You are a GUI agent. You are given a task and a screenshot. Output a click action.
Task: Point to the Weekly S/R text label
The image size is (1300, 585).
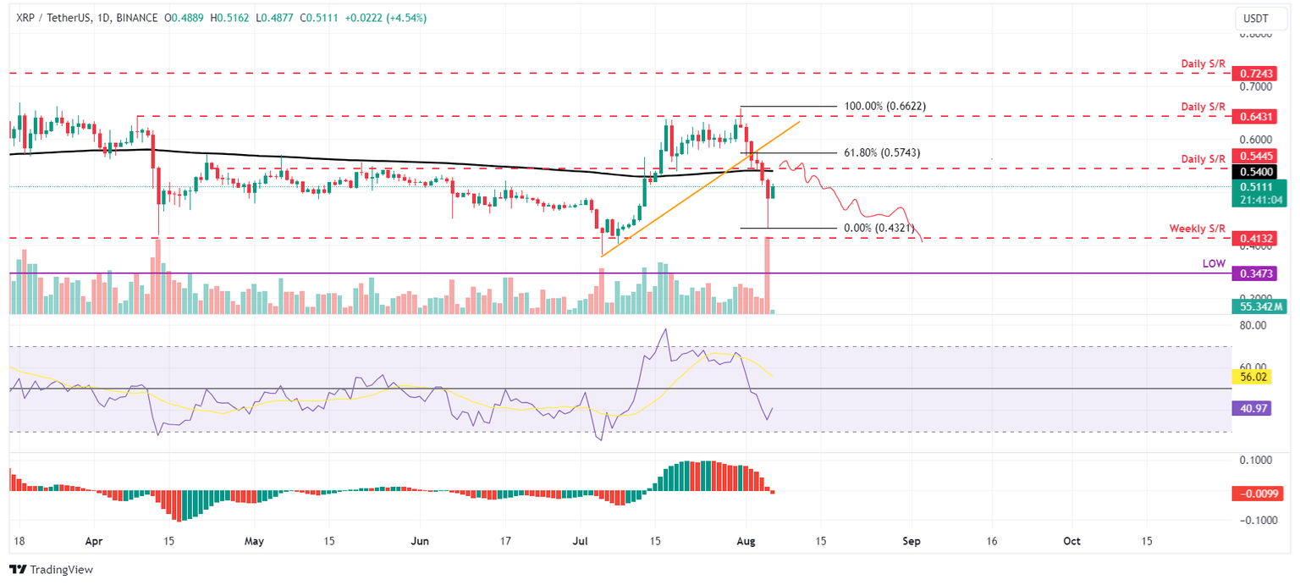click(1197, 229)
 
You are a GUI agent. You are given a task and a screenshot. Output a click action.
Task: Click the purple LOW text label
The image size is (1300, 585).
click(1214, 264)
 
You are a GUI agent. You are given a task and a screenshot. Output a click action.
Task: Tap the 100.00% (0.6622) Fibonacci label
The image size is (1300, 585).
click(884, 107)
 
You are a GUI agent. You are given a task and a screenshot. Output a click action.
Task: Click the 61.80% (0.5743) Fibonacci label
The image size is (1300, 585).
click(881, 152)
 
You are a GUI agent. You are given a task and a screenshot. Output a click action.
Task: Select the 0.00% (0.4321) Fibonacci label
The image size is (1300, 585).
click(881, 228)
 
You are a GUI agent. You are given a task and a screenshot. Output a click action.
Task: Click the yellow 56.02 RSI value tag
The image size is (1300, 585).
click(1253, 376)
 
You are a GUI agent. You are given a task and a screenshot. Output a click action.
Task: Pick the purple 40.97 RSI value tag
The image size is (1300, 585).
click(1253, 408)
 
